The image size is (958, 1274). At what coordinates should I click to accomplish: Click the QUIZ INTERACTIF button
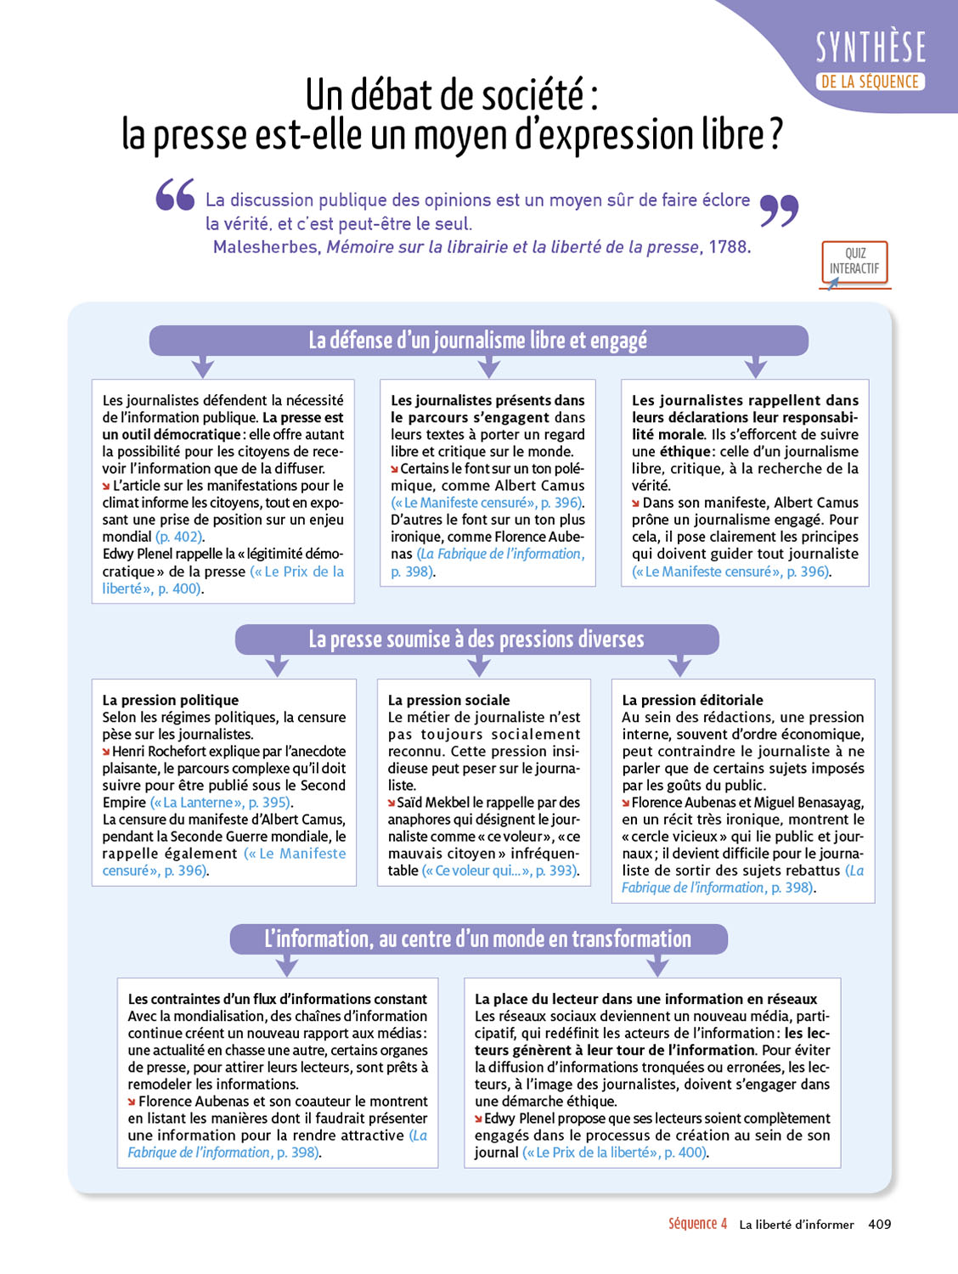854,262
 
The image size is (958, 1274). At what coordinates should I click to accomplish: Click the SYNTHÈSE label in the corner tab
871,48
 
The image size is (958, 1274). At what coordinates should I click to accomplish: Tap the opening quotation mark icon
175,194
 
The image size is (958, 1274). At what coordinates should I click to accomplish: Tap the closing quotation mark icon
779,210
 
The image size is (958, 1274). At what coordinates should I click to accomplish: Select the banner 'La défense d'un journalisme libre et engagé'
478,341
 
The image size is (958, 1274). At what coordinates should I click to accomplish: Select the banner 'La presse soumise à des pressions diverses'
476,640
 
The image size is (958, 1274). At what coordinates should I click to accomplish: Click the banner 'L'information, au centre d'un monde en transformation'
478,939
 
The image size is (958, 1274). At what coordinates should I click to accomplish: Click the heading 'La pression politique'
171,700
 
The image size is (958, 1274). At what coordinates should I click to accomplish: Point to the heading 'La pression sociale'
448,700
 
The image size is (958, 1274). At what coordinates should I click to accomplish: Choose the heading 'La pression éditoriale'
692,700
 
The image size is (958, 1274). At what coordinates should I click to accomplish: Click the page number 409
880,1224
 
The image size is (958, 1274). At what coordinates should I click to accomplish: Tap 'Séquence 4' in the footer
697,1224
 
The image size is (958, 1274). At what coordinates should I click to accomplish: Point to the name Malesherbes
266,247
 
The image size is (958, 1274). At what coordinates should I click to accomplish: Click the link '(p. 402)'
179,537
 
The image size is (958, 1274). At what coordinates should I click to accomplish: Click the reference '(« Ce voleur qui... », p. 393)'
500,871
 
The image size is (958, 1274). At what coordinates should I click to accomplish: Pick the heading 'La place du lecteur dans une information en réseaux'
645,999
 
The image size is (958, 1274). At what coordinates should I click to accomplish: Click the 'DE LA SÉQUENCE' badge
870,82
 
